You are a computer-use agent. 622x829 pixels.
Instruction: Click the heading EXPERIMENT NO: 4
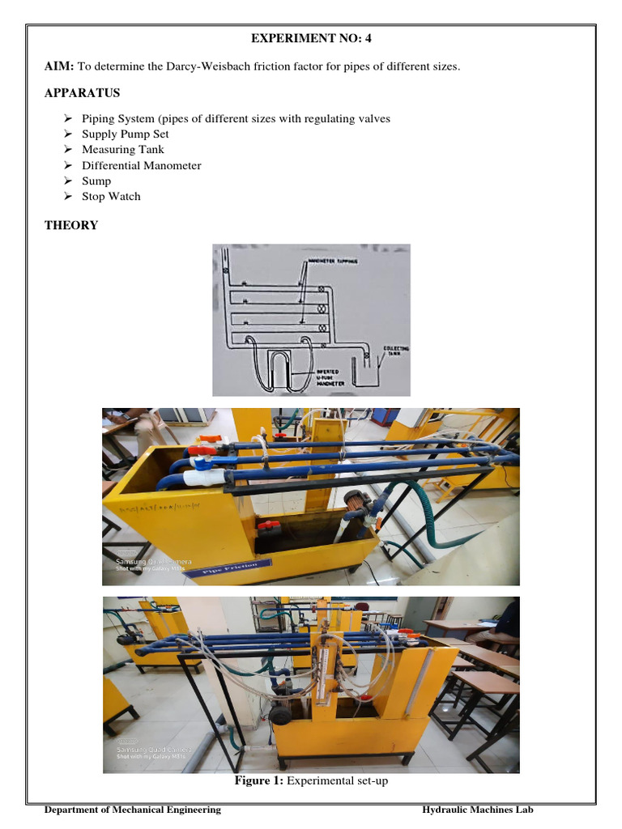(311, 37)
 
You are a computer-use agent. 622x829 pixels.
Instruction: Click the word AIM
(58, 66)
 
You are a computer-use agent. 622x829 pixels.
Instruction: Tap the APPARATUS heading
(82, 92)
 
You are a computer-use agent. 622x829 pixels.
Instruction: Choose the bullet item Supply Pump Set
(126, 134)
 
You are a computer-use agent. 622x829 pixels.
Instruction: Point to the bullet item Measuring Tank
(122, 150)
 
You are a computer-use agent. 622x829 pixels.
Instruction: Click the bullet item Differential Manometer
(141, 165)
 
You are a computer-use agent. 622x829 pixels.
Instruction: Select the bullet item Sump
(96, 181)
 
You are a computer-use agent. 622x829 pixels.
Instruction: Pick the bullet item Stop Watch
(111, 197)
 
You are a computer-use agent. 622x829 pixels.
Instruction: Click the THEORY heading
(71, 225)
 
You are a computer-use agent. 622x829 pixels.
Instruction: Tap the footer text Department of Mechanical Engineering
(132, 810)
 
